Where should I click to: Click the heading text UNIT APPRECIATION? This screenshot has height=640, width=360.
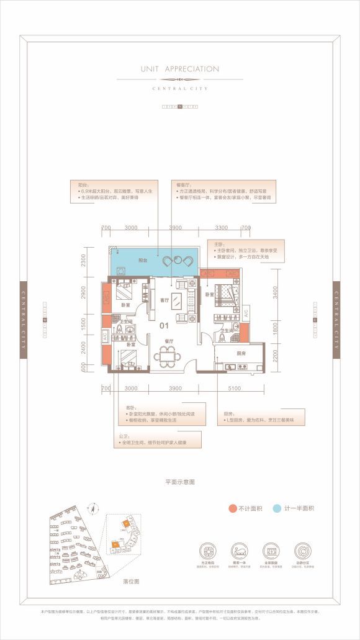pos(179,69)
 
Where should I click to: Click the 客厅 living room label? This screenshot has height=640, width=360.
pos(164,300)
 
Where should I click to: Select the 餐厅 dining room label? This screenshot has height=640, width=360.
pos(168,341)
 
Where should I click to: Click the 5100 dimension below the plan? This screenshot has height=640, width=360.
pos(234,388)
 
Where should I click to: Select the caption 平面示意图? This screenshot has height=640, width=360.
pos(179,482)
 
